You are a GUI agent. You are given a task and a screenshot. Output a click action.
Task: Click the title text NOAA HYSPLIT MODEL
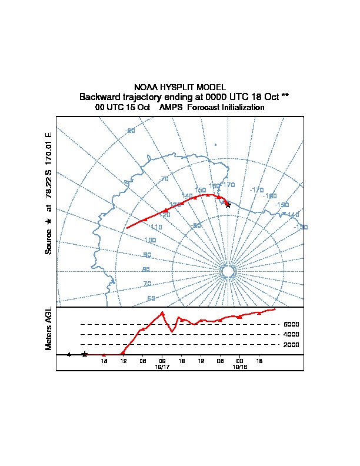pos(180,87)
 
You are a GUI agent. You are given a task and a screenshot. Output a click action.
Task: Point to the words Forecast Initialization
pos(226,108)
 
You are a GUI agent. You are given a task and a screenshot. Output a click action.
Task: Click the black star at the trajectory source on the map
pos(228,205)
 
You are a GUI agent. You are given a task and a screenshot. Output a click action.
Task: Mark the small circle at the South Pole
pos(228,271)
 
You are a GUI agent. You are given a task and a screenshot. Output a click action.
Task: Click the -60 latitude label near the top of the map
pos(131,131)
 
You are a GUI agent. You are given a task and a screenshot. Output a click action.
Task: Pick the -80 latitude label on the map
pos(197,225)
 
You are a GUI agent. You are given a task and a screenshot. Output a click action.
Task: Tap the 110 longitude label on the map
pos(156,227)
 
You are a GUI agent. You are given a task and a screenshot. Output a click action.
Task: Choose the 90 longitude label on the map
pos(146,255)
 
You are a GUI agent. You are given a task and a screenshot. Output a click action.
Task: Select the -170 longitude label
pos(256,190)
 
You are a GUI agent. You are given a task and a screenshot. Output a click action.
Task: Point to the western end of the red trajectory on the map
pos(127,228)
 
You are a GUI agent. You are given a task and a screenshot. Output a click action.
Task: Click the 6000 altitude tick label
pos(291,324)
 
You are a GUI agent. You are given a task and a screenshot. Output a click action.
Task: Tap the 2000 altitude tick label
pos(291,345)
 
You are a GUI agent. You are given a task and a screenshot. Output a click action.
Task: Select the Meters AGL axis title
pos(49,328)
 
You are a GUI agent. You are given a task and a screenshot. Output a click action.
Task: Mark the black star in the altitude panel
pos(85,354)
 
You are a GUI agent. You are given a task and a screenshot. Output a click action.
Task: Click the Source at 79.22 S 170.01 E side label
pos(49,194)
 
